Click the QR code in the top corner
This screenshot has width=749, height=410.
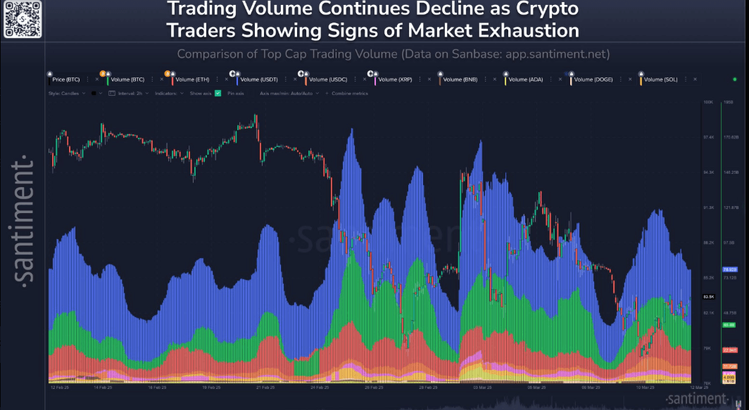(x=23, y=19)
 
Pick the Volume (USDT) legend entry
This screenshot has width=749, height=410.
(x=258, y=79)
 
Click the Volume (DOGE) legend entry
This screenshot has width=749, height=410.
(x=593, y=79)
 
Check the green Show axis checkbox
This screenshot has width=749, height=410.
(x=218, y=93)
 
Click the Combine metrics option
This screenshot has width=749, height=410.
(x=350, y=93)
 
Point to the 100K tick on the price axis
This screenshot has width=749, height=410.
(x=708, y=102)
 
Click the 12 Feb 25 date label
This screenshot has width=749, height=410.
(x=59, y=387)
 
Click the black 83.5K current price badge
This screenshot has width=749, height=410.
(x=709, y=296)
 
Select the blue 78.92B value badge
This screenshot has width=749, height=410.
(x=729, y=269)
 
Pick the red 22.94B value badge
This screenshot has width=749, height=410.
(x=729, y=350)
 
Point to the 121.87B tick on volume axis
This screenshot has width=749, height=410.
(x=731, y=208)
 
